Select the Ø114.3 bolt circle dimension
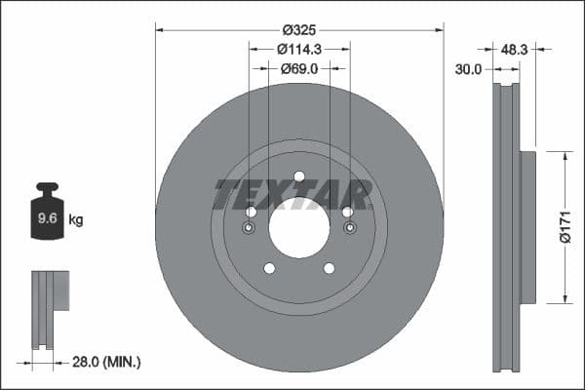coord(299,49)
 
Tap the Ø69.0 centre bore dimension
coord(299,69)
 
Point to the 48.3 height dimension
coord(514,48)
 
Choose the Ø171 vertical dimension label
coord(565,226)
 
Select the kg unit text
coord(76,220)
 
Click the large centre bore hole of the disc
coord(299,227)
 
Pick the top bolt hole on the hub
coord(299,176)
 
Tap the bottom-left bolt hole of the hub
coord(270,268)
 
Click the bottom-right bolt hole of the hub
coord(329,268)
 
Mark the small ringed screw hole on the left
coord(250,229)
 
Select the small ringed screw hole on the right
coord(349,229)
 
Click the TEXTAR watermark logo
coord(292,195)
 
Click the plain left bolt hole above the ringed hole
coord(251,213)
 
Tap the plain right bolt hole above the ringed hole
coord(347,212)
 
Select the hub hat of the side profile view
coord(527,226)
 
